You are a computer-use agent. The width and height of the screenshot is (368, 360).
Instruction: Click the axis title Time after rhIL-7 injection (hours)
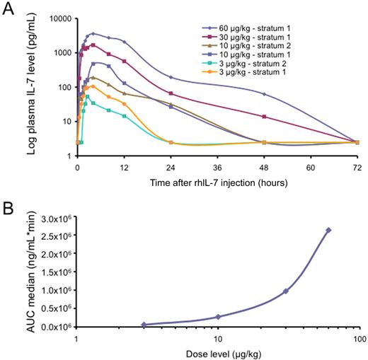point(217,184)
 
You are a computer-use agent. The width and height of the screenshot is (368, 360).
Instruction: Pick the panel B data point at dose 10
point(219,317)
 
